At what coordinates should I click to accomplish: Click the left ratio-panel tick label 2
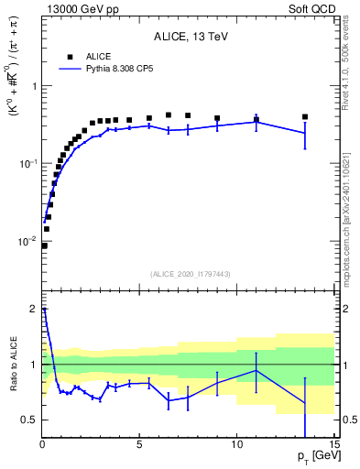[x=33, y=310]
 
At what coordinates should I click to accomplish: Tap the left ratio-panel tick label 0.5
[x=28, y=420]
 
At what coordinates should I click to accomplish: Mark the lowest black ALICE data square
[x=44, y=245]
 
